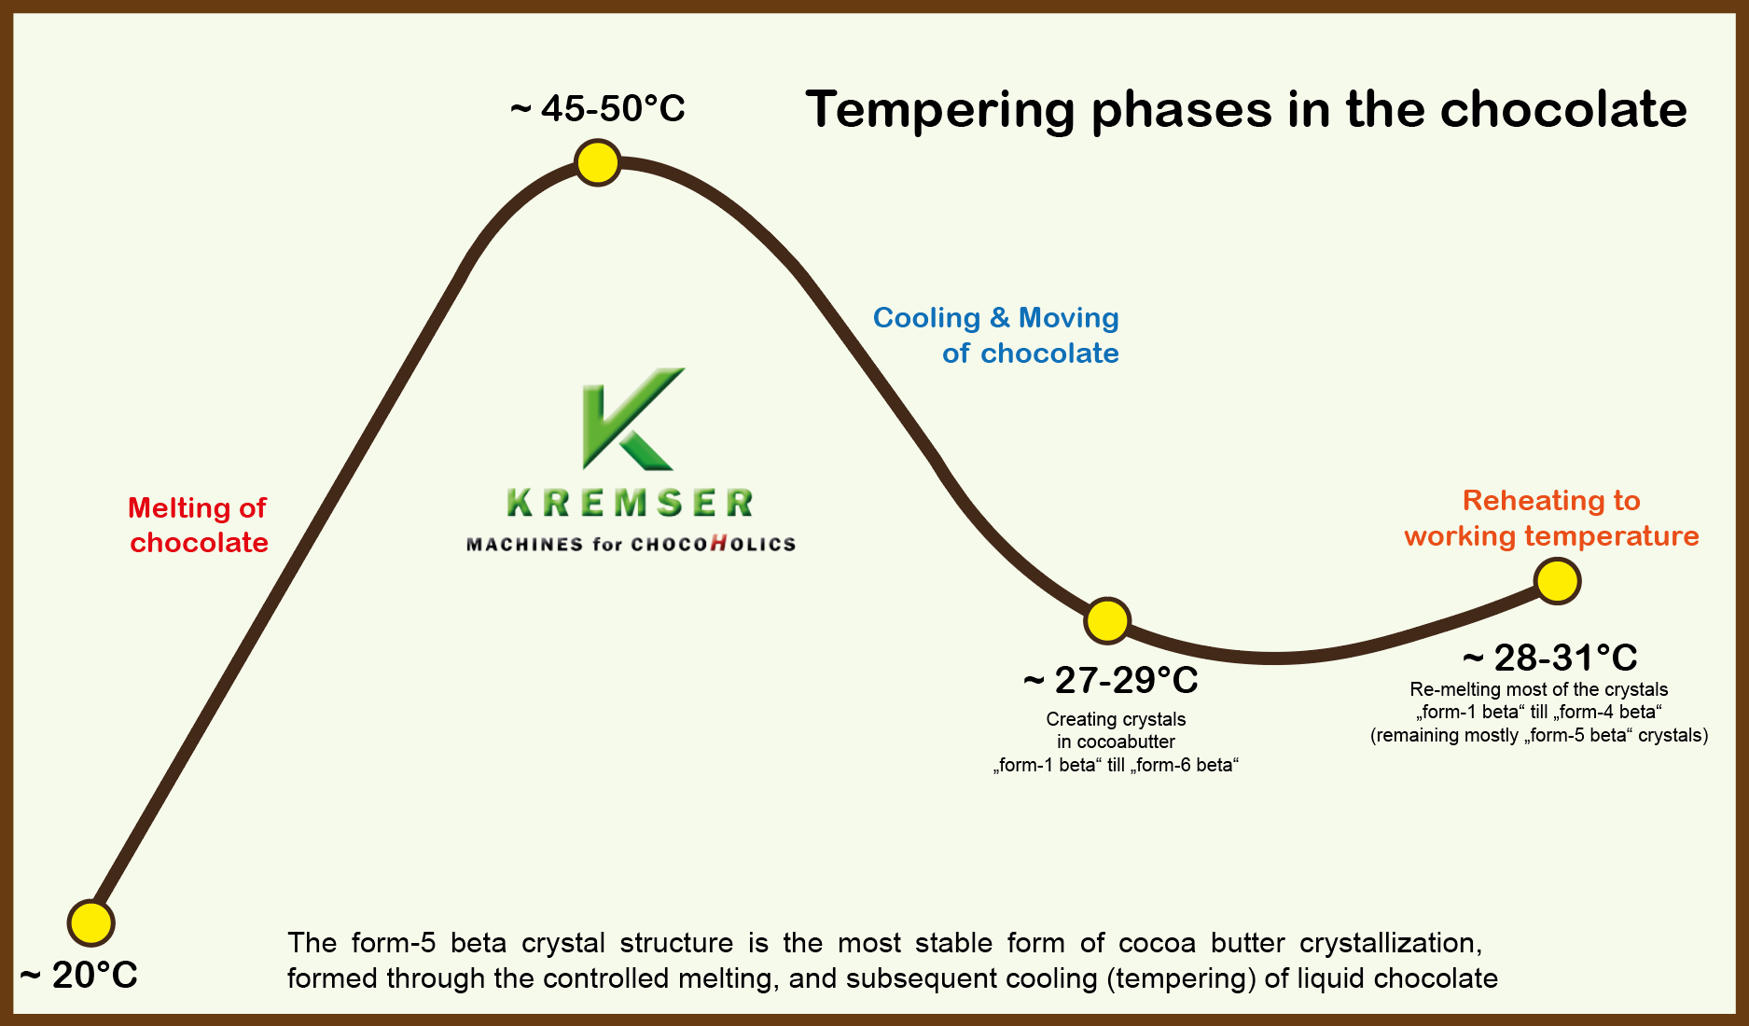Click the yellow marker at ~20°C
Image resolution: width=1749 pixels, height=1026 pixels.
point(91,923)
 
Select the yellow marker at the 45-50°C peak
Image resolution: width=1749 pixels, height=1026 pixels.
point(598,163)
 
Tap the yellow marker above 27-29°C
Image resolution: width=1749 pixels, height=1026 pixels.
point(1107,620)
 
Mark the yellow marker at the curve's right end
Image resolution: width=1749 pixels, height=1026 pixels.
point(1557,581)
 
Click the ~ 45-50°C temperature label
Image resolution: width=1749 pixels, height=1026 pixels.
point(598,108)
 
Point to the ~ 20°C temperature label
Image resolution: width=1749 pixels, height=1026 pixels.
point(78,976)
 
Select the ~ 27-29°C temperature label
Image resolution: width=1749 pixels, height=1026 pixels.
point(1111,681)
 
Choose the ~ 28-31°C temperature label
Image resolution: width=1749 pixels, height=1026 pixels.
point(1550,658)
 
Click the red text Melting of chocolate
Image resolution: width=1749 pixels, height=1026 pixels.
point(199,525)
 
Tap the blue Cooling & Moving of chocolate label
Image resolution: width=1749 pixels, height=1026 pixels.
point(996,335)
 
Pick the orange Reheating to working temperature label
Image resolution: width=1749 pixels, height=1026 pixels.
point(1552,518)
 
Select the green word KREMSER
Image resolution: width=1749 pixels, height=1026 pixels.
point(631,503)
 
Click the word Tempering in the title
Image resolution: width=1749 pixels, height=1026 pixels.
point(940,111)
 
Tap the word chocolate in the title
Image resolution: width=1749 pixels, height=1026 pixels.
point(1563,109)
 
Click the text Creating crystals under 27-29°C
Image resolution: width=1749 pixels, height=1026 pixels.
point(1116,719)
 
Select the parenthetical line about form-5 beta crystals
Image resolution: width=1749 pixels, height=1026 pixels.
point(1539,735)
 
